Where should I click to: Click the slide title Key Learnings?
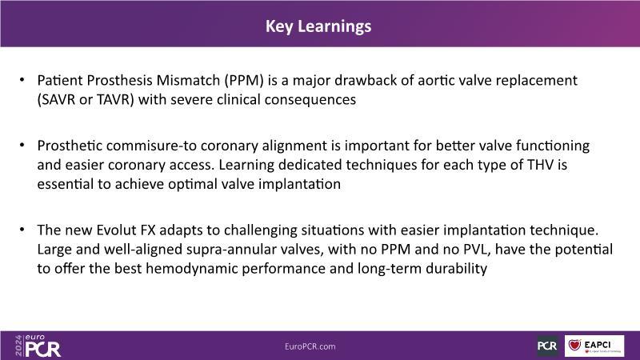(x=318, y=26)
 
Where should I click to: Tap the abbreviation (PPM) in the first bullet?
(x=244, y=81)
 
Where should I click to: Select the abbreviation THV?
(x=541, y=165)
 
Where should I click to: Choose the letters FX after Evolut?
(x=148, y=230)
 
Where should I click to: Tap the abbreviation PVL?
(x=477, y=250)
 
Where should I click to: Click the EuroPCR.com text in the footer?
(x=310, y=346)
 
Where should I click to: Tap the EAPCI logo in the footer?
(x=594, y=346)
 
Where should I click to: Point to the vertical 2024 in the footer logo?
(x=18, y=346)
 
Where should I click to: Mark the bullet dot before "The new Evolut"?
(x=22, y=230)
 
